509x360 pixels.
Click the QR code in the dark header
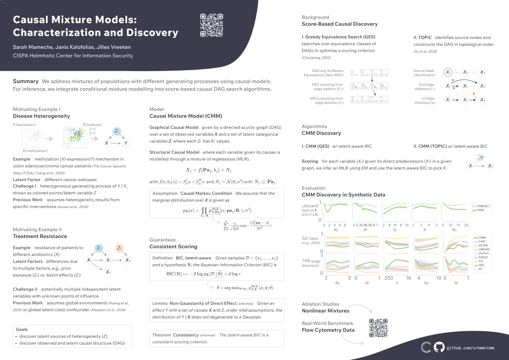(211, 25)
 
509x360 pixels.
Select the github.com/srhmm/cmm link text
(470, 348)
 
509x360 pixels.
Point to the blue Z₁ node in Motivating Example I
(117, 131)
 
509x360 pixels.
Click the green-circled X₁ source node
(448, 72)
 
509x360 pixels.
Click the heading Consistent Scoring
(173, 247)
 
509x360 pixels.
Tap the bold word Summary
(26, 81)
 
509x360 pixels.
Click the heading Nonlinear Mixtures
(325, 310)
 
